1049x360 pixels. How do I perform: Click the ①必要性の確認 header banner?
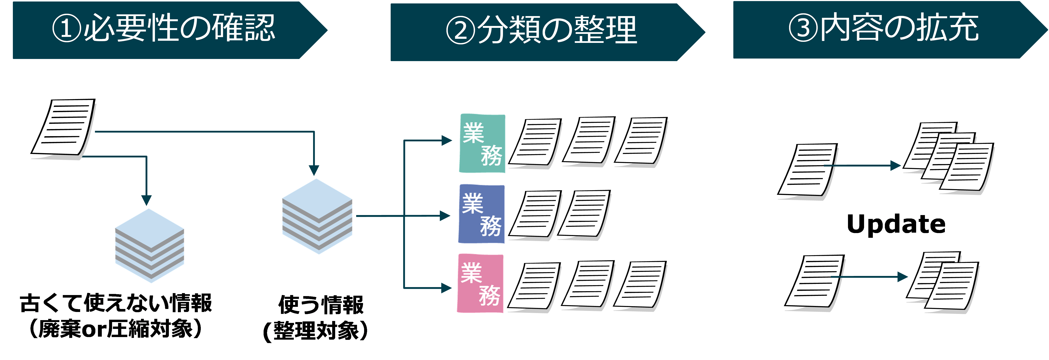(163, 30)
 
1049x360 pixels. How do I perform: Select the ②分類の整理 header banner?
(542, 31)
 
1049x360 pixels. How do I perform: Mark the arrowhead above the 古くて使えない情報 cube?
(146, 200)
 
